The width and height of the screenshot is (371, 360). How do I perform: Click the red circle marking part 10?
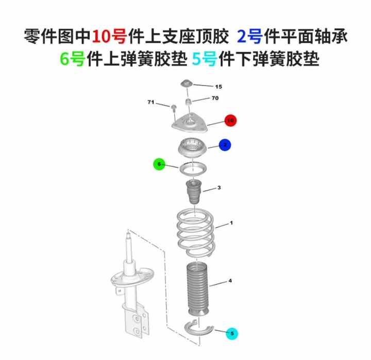230,121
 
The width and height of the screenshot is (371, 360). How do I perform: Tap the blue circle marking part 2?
225,145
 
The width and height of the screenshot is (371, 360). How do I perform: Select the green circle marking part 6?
159,164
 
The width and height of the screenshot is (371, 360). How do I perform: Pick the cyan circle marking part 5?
232,333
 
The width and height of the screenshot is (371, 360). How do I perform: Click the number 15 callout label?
218,87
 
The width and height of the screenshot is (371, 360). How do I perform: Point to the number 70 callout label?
215,98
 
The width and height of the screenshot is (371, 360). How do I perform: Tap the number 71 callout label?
150,102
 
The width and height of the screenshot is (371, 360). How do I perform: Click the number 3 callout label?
219,187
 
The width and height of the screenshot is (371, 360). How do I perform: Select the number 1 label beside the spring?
231,223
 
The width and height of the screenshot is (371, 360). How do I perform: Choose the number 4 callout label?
230,281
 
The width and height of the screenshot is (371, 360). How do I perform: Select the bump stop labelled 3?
194,192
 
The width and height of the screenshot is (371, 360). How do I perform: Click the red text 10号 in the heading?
109,37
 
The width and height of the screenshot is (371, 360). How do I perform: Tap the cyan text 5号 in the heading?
205,59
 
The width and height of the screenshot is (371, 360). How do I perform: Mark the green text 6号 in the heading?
73,59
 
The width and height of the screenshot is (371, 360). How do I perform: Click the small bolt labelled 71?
174,108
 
